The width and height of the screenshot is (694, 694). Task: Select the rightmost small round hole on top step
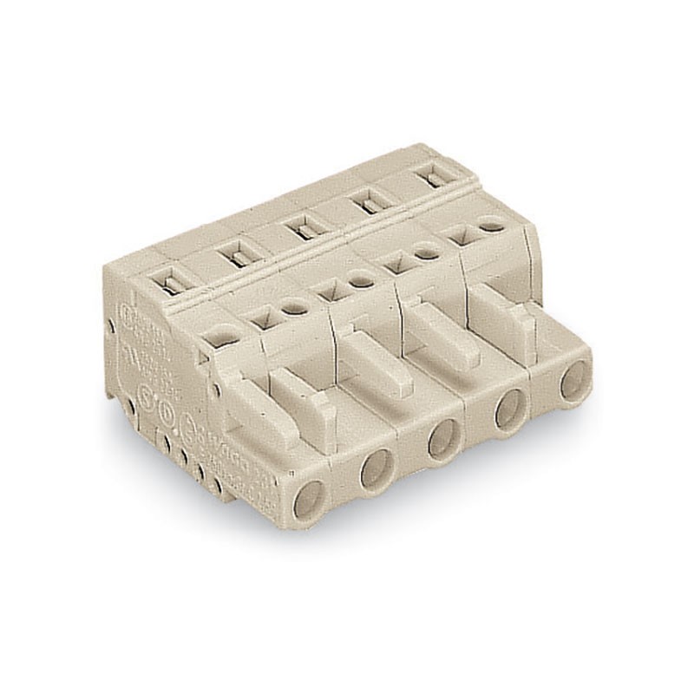pyautogui.click(x=492, y=225)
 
